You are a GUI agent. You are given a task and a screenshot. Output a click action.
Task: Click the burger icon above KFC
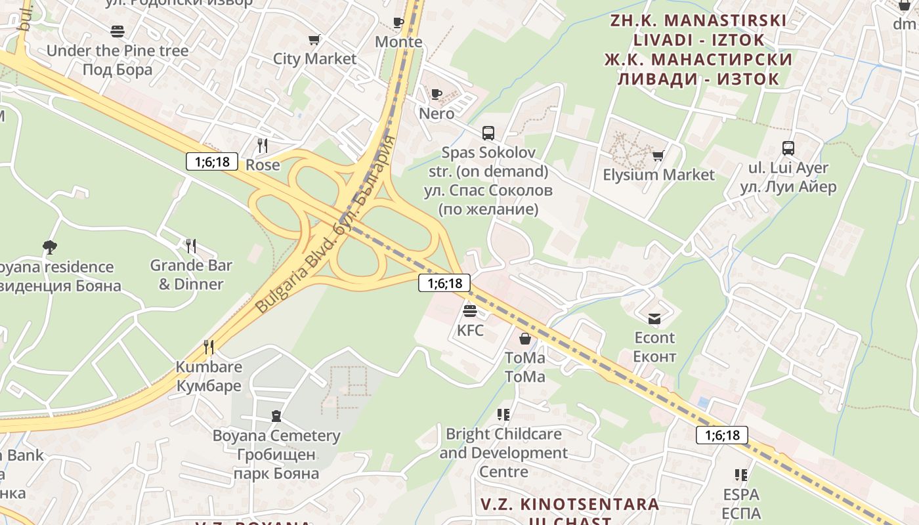click(469, 310)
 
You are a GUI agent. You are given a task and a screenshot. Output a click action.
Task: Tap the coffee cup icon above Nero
click(437, 94)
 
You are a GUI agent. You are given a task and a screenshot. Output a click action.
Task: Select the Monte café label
click(398, 42)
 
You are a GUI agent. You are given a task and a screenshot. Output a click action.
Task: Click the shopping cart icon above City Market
click(314, 39)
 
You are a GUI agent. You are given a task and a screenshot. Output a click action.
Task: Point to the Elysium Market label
click(658, 175)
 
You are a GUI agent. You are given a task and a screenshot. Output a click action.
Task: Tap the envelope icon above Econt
click(654, 319)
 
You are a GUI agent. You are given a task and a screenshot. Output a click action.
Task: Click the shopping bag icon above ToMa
click(525, 339)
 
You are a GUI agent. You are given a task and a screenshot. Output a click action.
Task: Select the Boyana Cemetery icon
click(276, 416)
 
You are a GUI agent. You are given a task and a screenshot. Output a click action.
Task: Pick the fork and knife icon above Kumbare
click(209, 346)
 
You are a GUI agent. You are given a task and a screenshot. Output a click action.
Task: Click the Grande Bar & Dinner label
click(191, 274)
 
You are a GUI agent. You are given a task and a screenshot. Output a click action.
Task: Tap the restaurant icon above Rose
click(263, 145)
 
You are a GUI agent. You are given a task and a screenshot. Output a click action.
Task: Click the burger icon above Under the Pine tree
click(118, 31)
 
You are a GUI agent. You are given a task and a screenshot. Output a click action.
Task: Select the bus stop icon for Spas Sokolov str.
click(488, 133)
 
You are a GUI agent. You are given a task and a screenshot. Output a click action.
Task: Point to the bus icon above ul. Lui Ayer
click(788, 148)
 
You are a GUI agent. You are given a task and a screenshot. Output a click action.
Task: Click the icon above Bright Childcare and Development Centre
click(503, 414)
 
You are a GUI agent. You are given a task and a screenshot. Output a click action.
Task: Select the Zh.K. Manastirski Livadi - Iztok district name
click(698, 49)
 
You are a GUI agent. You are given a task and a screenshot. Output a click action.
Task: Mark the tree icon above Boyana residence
click(50, 247)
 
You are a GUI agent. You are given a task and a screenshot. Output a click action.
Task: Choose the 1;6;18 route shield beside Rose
click(211, 161)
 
